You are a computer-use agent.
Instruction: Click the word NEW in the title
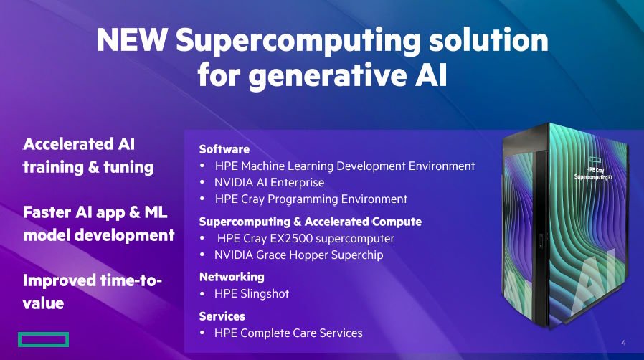pos(131,40)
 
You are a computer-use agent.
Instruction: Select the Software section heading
pos(224,149)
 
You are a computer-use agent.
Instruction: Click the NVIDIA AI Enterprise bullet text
pos(269,182)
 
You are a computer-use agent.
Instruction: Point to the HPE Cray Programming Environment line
pos(311,199)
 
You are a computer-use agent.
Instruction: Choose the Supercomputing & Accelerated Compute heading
pos(310,222)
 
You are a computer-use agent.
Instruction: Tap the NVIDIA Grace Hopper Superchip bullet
pos(298,255)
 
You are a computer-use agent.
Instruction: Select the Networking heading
pos(231,277)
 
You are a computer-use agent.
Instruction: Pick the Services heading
pos(222,316)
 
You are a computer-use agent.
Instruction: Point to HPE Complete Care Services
pos(288,333)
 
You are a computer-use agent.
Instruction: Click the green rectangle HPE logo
pos(43,339)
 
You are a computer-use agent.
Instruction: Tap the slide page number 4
pos(623,342)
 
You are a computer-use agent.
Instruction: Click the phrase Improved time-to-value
pos(92,291)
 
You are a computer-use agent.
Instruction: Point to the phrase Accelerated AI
pos(79,144)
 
